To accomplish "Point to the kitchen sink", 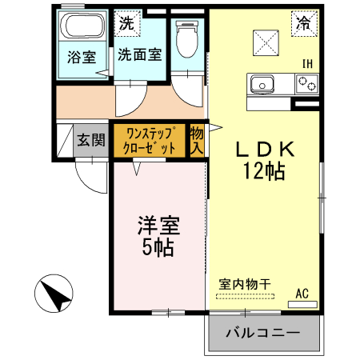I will [262, 82].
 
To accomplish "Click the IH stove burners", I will [306, 82].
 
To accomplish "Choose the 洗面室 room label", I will [140, 55].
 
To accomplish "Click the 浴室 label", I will [80, 58].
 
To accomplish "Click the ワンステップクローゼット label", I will [149, 141].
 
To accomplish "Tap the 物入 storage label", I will [197, 141].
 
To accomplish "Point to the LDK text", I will [266, 149].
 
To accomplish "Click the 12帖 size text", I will [266, 170].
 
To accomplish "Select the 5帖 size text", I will [158, 247].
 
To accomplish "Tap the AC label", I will [302, 294].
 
